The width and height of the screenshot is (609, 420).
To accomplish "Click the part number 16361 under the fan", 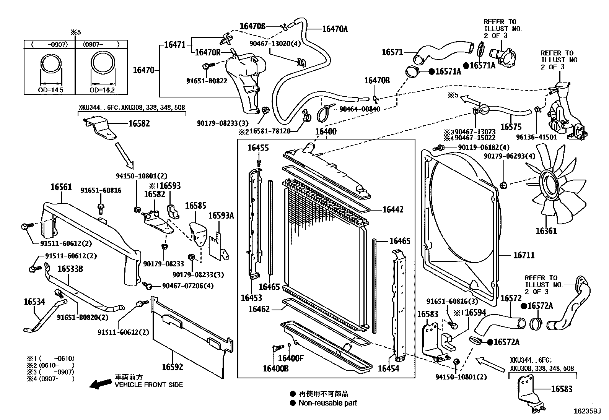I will pyautogui.click(x=546, y=231).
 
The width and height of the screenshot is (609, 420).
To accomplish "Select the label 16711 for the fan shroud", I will pyautogui.click(x=524, y=255).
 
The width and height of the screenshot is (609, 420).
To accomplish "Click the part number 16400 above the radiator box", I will pyautogui.click(x=326, y=132).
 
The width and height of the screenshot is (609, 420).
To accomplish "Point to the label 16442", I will pyautogui.click(x=393, y=209).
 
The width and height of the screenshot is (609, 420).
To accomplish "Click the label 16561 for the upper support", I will pyautogui.click(x=61, y=187).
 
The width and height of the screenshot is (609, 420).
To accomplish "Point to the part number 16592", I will pyautogui.click(x=173, y=367).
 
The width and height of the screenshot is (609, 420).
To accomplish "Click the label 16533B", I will pyautogui.click(x=70, y=269).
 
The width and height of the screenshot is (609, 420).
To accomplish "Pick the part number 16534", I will pyautogui.click(x=34, y=302).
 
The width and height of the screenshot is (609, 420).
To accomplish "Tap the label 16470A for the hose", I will pyautogui.click(x=335, y=29).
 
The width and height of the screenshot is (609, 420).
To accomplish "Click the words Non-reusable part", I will pyautogui.click(x=327, y=402).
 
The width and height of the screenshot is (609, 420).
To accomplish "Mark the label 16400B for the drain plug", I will pyautogui.click(x=275, y=368).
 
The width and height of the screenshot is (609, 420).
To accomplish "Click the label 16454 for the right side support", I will pyautogui.click(x=388, y=368).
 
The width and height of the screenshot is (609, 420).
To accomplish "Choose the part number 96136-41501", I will pyautogui.click(x=536, y=137).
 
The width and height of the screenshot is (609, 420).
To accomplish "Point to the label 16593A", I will pyautogui.click(x=221, y=216).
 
